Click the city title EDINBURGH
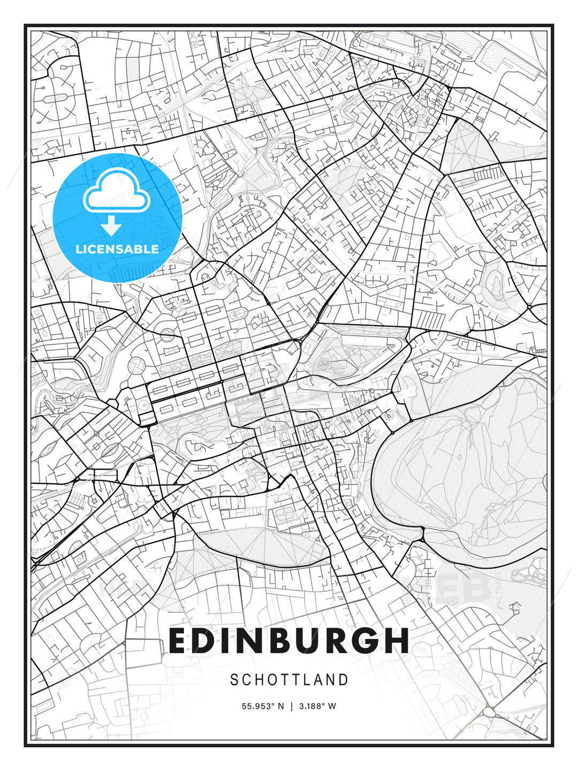pos(289,641)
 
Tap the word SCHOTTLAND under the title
pos(289,680)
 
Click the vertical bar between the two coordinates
pos(291,706)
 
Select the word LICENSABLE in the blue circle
pos(117,249)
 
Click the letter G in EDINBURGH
pos(368,641)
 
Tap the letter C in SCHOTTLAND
pos(247,680)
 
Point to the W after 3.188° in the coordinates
pos(332,706)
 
